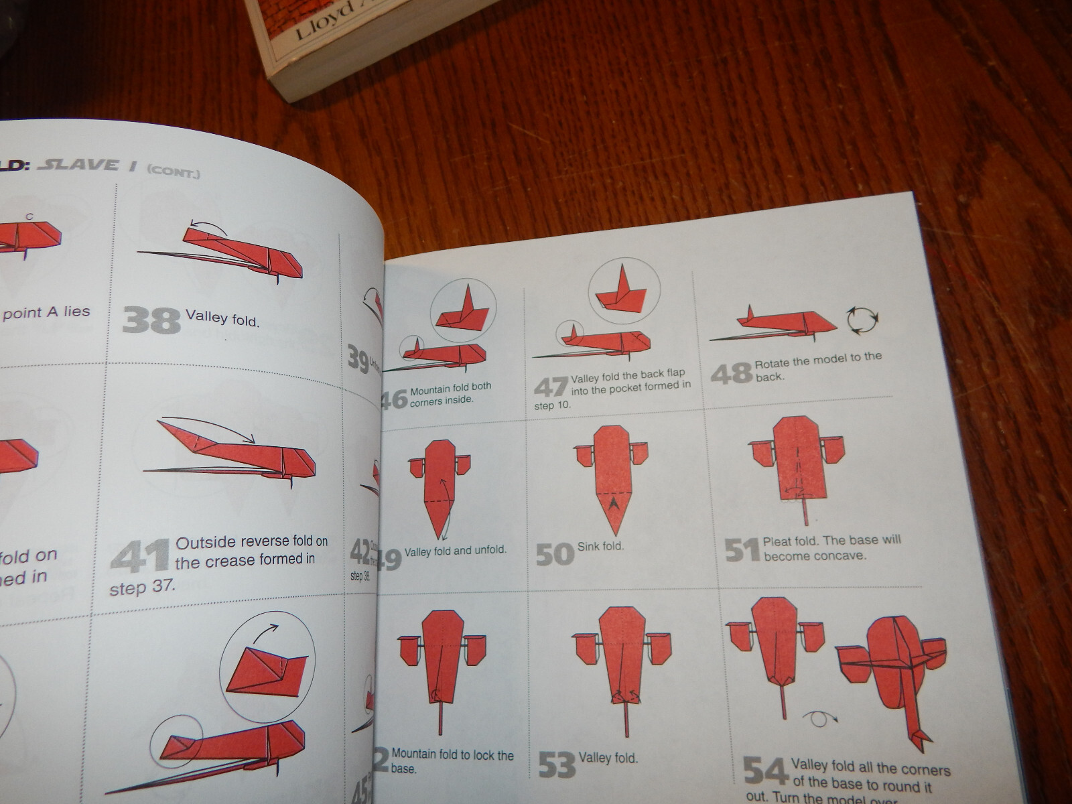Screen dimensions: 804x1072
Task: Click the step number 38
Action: [151, 320]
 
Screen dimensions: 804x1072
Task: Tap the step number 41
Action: [139, 557]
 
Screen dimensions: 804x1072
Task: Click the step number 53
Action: [557, 764]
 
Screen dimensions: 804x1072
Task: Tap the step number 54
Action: [765, 772]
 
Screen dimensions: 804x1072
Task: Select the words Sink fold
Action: [600, 546]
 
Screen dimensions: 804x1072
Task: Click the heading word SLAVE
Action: [79, 165]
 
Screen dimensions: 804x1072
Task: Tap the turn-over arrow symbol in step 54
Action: [819, 719]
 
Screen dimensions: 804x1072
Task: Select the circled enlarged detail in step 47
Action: [624, 290]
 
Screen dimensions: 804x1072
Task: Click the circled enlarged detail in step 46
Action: [463, 308]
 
